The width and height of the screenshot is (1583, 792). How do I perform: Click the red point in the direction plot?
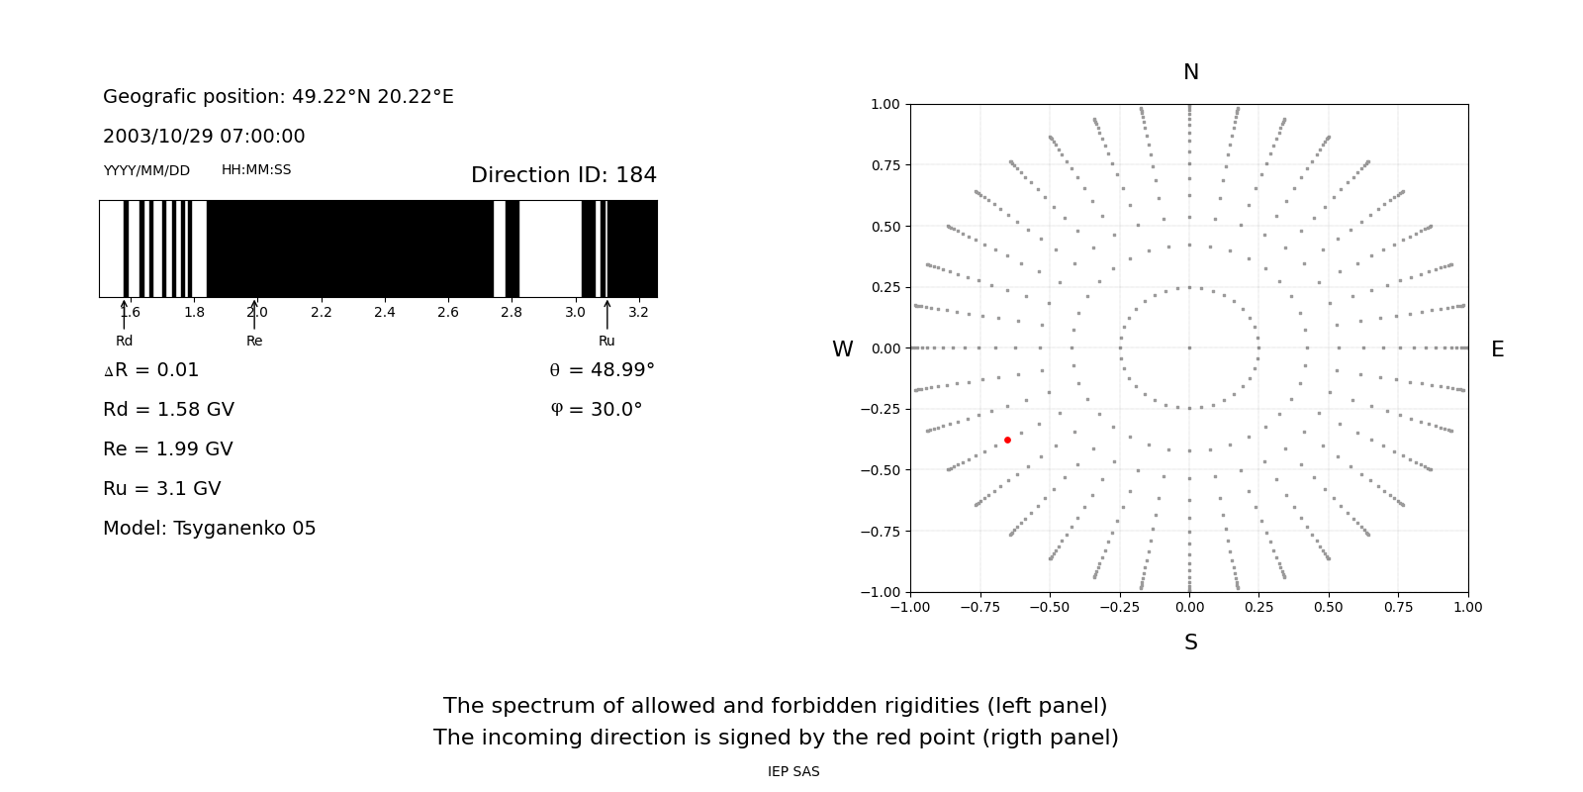[1007, 440]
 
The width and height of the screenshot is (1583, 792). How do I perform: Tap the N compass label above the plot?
[1190, 72]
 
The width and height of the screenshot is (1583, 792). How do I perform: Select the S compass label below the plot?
[1190, 643]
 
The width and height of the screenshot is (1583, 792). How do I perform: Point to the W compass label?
[842, 349]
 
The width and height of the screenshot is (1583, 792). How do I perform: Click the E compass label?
[1497, 349]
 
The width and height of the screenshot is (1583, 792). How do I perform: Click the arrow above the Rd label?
[124, 314]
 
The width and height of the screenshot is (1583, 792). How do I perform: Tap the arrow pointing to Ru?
[606, 314]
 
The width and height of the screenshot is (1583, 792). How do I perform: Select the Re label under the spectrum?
[254, 341]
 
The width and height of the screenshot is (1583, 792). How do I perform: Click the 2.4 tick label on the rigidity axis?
[384, 312]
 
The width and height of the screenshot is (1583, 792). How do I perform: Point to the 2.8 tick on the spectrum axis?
[511, 312]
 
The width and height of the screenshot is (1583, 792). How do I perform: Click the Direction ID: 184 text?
[563, 175]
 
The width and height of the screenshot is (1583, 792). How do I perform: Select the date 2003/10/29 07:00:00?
[204, 137]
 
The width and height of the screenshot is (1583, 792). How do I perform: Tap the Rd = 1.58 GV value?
[168, 410]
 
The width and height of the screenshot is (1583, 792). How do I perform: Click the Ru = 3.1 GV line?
[161, 489]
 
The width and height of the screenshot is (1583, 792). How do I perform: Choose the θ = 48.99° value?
[602, 370]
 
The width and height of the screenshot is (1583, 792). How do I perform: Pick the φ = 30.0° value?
[596, 410]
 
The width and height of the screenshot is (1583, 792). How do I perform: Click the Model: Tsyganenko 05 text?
[209, 529]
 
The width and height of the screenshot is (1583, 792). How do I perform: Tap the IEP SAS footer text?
[792, 771]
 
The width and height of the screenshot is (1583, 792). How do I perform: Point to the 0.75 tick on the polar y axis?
[885, 165]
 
